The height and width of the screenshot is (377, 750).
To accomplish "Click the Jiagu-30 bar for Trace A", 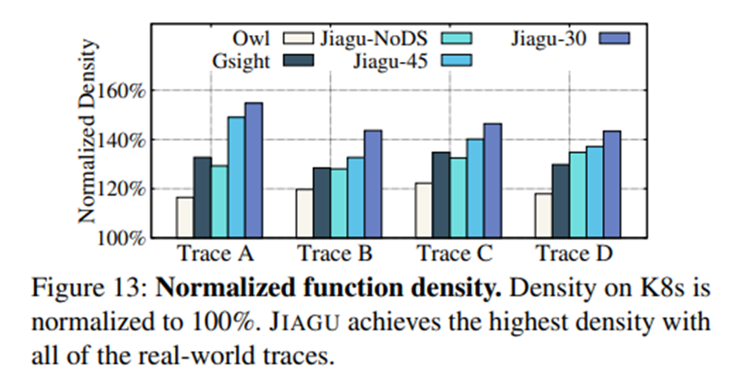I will point(254,170).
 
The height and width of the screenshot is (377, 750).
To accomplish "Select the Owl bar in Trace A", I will point(185,217).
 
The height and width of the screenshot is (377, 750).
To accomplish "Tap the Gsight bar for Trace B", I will point(322,203).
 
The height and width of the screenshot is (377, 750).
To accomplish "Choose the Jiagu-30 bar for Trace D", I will point(613,184).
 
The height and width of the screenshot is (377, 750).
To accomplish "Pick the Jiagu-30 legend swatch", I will point(617,37).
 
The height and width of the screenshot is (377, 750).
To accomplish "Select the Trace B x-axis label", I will point(335,254).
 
